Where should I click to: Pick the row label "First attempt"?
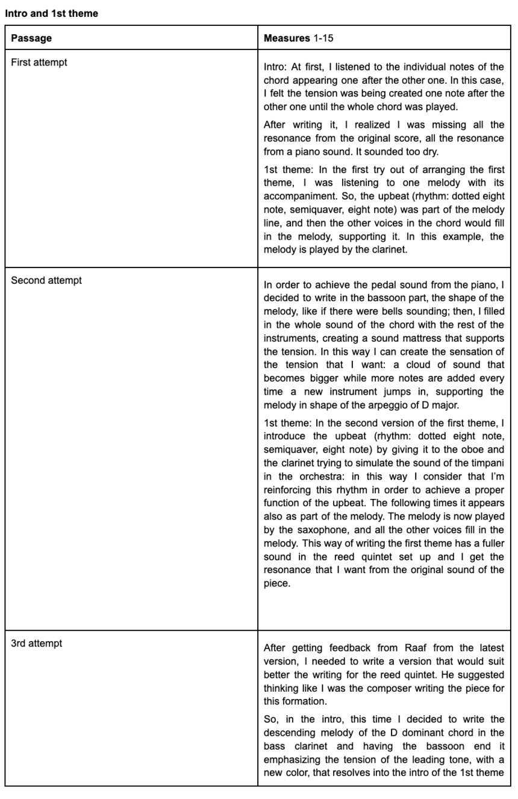click(x=39, y=62)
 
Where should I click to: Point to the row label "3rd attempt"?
click(x=37, y=643)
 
